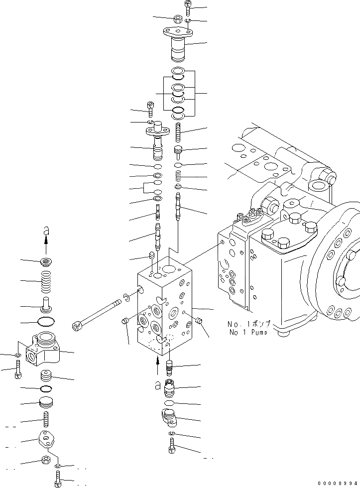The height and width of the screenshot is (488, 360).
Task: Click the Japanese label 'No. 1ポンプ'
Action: [249, 323]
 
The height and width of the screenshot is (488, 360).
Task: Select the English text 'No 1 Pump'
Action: [248, 332]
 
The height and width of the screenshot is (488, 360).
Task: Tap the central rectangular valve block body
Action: [164, 309]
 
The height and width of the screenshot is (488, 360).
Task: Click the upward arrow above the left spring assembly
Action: [46, 244]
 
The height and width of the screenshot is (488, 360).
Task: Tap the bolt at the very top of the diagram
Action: [188, 7]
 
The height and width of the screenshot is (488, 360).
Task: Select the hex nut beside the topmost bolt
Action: [177, 19]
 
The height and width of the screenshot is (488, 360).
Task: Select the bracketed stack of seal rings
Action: [178, 93]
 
